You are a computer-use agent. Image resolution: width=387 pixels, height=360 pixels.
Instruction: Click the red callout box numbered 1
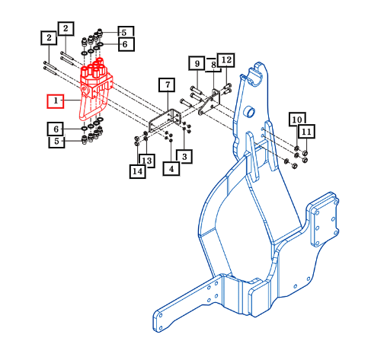[x=56, y=101]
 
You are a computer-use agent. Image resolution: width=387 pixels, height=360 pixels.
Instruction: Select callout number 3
[x=184, y=157]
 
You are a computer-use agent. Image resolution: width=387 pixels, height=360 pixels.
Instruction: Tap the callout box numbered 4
[x=171, y=169]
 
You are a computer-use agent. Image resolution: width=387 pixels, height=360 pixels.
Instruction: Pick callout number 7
[x=167, y=84]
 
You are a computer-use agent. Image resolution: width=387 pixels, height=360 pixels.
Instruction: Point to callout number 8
[x=213, y=65]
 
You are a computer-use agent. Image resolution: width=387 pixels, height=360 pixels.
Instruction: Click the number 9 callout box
[x=197, y=63]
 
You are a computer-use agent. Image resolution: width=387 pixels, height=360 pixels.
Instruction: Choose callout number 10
[x=297, y=119]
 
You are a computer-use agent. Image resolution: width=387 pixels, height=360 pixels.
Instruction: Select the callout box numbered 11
[x=306, y=132]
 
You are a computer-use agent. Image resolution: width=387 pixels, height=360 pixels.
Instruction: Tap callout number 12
[x=226, y=60]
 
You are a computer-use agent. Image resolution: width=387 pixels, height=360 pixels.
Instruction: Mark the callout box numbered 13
[x=146, y=161]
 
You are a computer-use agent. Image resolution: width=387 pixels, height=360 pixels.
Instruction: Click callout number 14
[x=138, y=171]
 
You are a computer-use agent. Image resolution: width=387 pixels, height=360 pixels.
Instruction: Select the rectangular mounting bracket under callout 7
[x=165, y=121]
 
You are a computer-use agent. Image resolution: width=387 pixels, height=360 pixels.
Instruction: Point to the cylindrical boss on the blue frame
[x=249, y=112]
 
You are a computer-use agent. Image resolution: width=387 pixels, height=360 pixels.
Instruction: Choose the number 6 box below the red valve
[x=56, y=129]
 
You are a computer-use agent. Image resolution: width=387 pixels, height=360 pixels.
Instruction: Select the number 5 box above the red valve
[x=126, y=32]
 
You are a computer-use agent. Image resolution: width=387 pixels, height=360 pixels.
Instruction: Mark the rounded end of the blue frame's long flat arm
[x=158, y=321]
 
